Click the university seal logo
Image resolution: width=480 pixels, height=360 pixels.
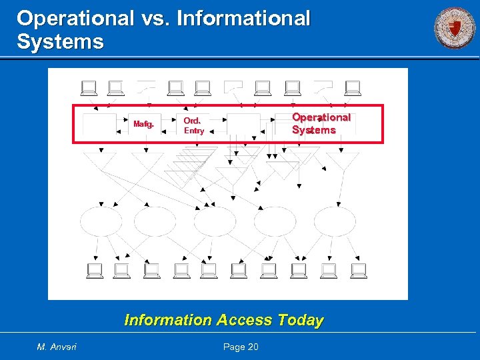coord(455,28)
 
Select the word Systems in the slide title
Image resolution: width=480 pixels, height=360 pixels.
coord(61,42)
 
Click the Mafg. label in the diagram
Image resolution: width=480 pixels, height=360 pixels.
coord(143,124)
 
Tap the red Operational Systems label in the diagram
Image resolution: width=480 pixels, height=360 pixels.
coord(321,123)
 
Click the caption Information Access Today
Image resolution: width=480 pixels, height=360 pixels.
coord(224,320)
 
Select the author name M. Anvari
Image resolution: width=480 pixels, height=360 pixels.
coord(57,347)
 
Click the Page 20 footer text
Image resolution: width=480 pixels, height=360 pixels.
coord(240,347)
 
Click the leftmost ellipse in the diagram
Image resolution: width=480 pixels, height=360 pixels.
coord(101,221)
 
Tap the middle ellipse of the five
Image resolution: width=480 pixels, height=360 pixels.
coord(215,221)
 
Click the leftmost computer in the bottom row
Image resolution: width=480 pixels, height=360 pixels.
coord(95,270)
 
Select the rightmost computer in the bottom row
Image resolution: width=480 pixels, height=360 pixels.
coord(359,270)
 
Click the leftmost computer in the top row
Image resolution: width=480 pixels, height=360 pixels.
coord(88,88)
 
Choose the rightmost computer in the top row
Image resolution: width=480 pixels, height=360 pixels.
coord(353,88)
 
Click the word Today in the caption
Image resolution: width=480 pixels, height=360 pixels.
coord(301,320)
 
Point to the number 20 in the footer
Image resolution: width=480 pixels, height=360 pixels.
coord(252,347)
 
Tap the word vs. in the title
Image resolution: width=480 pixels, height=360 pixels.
coord(155,19)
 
